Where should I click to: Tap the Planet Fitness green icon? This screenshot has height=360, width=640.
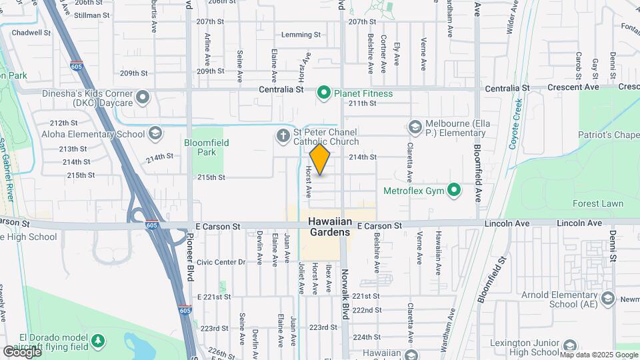coord(324,93)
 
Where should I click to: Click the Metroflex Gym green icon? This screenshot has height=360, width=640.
coord(455,191)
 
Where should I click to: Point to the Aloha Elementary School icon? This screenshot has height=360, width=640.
coord(155,134)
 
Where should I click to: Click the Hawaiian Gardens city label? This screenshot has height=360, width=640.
coord(329,227)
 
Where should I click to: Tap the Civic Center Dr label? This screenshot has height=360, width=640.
coord(221,262)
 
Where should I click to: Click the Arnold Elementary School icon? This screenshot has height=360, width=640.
coord(607,299)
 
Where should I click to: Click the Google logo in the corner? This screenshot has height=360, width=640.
coord(22,351)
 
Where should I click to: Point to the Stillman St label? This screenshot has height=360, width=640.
coord(92,15)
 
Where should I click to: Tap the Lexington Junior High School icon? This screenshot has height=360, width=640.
coord(570,345)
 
